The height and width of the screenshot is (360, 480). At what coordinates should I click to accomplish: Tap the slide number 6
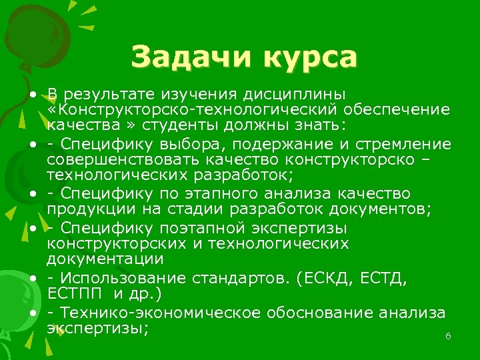point(449,337)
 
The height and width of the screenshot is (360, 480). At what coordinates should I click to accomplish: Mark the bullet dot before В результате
point(31,93)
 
